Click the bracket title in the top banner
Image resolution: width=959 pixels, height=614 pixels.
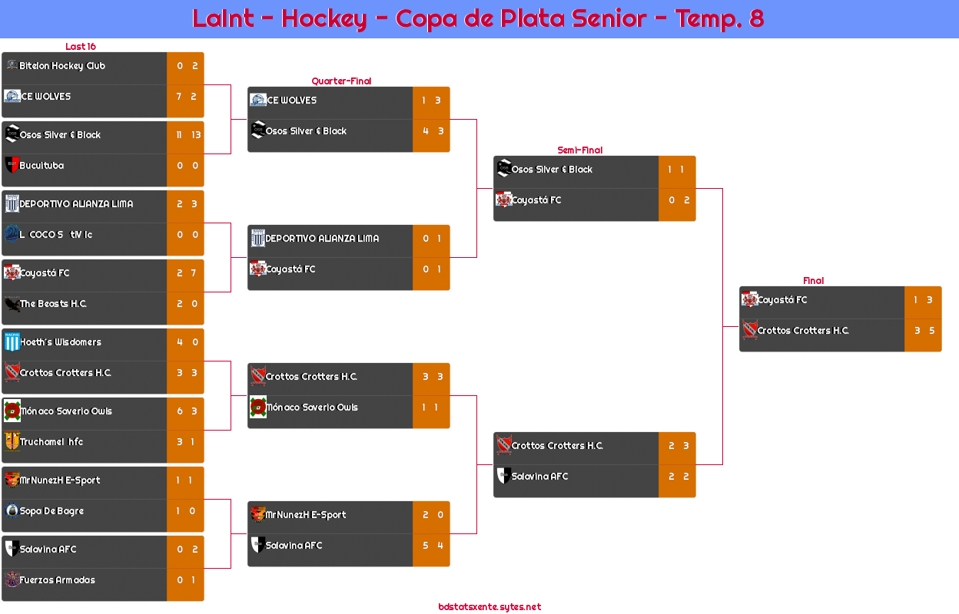pyautogui.click(x=478, y=18)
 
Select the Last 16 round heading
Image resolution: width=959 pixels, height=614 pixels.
pyautogui.click(x=80, y=47)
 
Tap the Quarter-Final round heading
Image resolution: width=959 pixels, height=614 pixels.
pyautogui.click(x=340, y=81)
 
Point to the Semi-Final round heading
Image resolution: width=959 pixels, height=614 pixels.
pyautogui.click(x=579, y=150)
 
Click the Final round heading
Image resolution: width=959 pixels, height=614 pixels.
pyautogui.click(x=812, y=281)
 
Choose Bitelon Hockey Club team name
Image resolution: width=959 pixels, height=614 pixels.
pyautogui.click(x=62, y=66)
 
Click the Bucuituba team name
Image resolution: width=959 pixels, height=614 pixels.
pyautogui.click(x=41, y=166)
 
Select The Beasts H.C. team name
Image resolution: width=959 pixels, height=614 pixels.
pyautogui.click(x=53, y=304)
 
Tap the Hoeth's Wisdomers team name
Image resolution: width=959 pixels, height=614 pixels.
pyautogui.click(x=61, y=342)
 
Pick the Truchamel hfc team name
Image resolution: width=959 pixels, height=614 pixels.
pyautogui.click(x=51, y=442)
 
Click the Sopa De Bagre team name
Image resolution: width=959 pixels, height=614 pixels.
pyautogui.click(x=51, y=511)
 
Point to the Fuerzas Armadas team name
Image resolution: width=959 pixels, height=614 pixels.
pyautogui.click(x=58, y=580)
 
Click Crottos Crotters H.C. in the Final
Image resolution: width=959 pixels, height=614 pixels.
pyautogui.click(x=803, y=331)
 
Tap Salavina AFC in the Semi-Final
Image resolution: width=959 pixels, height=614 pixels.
pyautogui.click(x=540, y=477)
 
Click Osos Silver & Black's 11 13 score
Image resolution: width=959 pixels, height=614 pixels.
pyautogui.click(x=186, y=135)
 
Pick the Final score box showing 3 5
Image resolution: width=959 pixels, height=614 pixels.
pyautogui.click(x=923, y=331)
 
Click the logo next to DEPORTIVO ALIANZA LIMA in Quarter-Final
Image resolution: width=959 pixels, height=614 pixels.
pyautogui.click(x=258, y=239)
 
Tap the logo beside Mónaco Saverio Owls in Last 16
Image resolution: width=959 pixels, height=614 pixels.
pyautogui.click(x=12, y=411)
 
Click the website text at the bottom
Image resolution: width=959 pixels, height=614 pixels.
pyautogui.click(x=489, y=607)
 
